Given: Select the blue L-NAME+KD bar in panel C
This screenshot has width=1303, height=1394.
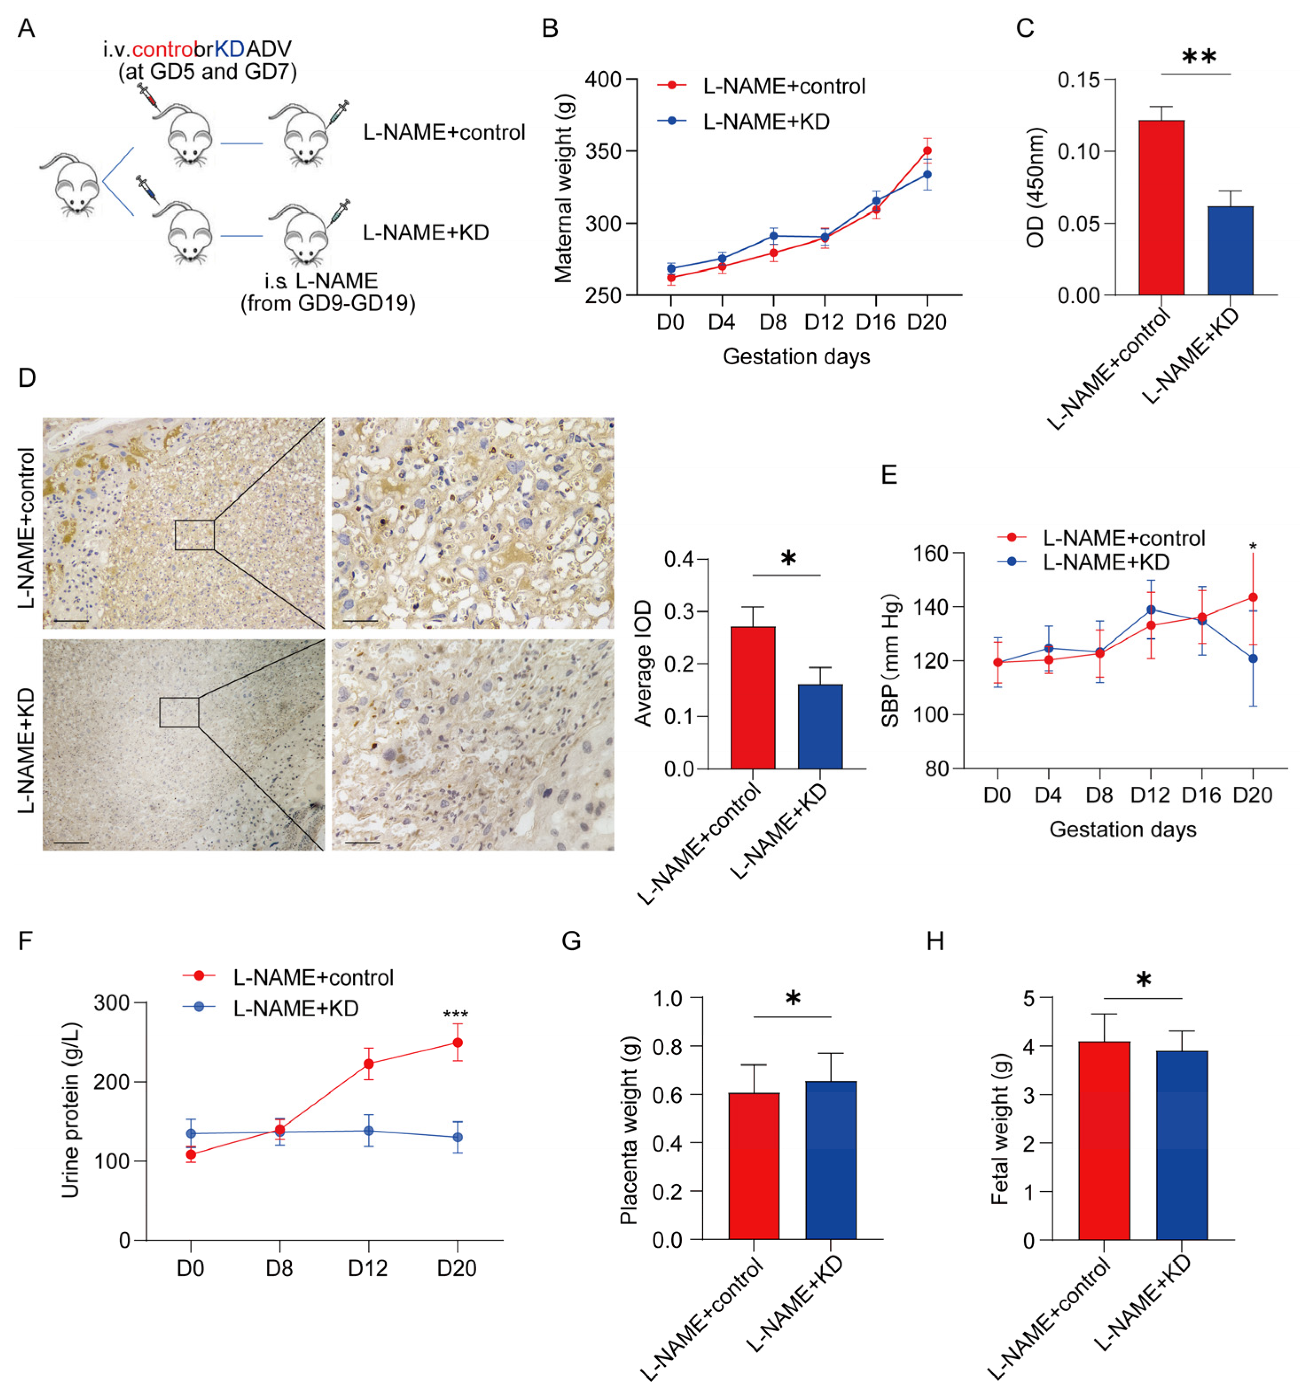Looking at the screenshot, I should point(1229,250).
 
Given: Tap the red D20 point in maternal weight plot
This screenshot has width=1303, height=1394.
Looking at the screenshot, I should point(927,151).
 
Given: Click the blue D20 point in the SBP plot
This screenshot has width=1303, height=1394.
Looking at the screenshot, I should point(1252,658).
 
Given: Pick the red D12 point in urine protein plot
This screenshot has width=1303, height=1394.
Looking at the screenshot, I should point(368,1064).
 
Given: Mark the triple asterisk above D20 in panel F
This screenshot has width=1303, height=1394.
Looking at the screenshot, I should point(456,1015).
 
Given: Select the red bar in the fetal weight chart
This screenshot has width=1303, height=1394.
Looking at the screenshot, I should point(1104,1141).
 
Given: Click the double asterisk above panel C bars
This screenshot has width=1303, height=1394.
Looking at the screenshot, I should point(1198,57).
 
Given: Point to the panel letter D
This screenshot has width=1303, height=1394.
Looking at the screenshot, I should point(27,378).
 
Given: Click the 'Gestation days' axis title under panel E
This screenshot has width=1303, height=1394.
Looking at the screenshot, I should point(1122,829).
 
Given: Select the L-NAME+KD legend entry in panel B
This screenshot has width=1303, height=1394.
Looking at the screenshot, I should point(766,122).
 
